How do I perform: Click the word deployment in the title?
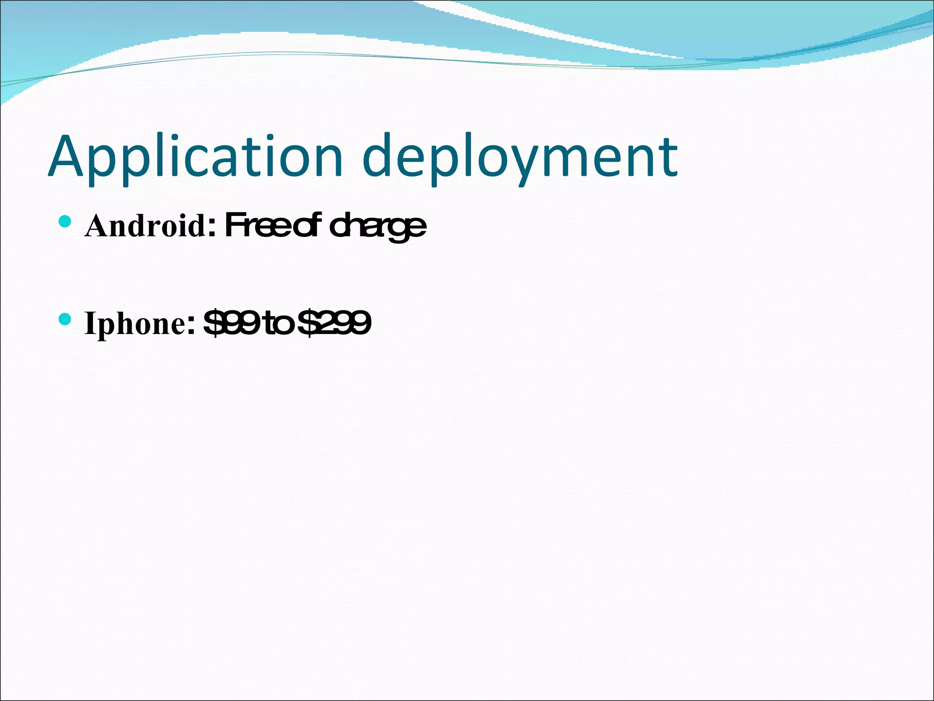pos(520,157)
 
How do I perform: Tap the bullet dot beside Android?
pos(65,222)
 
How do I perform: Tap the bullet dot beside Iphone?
pos(65,319)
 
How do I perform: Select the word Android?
pos(145,225)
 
